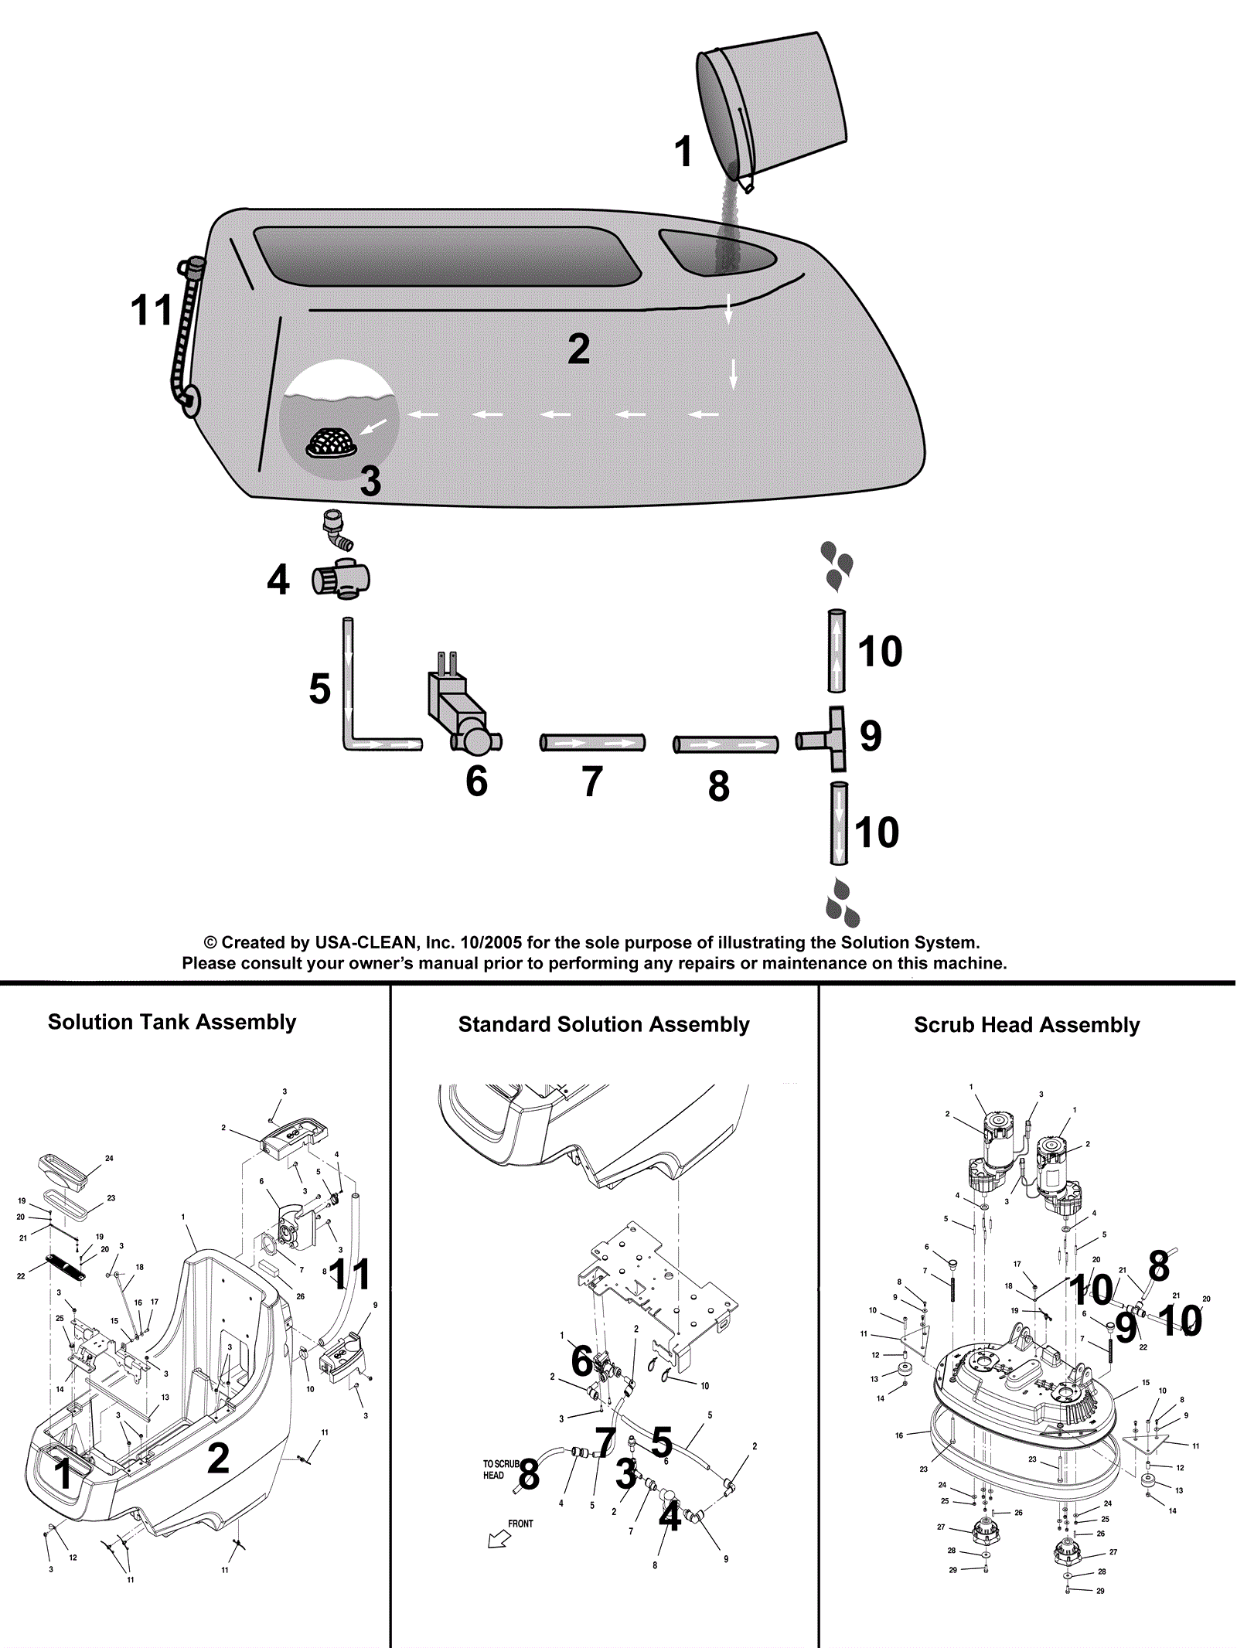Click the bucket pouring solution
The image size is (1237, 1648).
click(773, 104)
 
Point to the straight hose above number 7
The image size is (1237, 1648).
click(592, 743)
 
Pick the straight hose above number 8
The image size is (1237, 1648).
click(725, 744)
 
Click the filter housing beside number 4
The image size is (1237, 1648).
click(341, 579)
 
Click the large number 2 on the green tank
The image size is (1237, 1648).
click(578, 349)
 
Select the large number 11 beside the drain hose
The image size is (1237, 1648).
click(152, 311)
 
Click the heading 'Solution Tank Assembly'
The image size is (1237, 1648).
click(172, 1022)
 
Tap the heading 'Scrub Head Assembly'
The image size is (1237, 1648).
click(1027, 1025)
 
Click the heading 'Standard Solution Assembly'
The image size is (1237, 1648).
click(604, 1024)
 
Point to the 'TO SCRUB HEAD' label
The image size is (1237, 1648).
click(499, 1469)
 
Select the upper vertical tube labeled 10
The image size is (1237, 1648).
click(837, 651)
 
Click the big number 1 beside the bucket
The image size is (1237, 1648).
click(683, 152)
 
